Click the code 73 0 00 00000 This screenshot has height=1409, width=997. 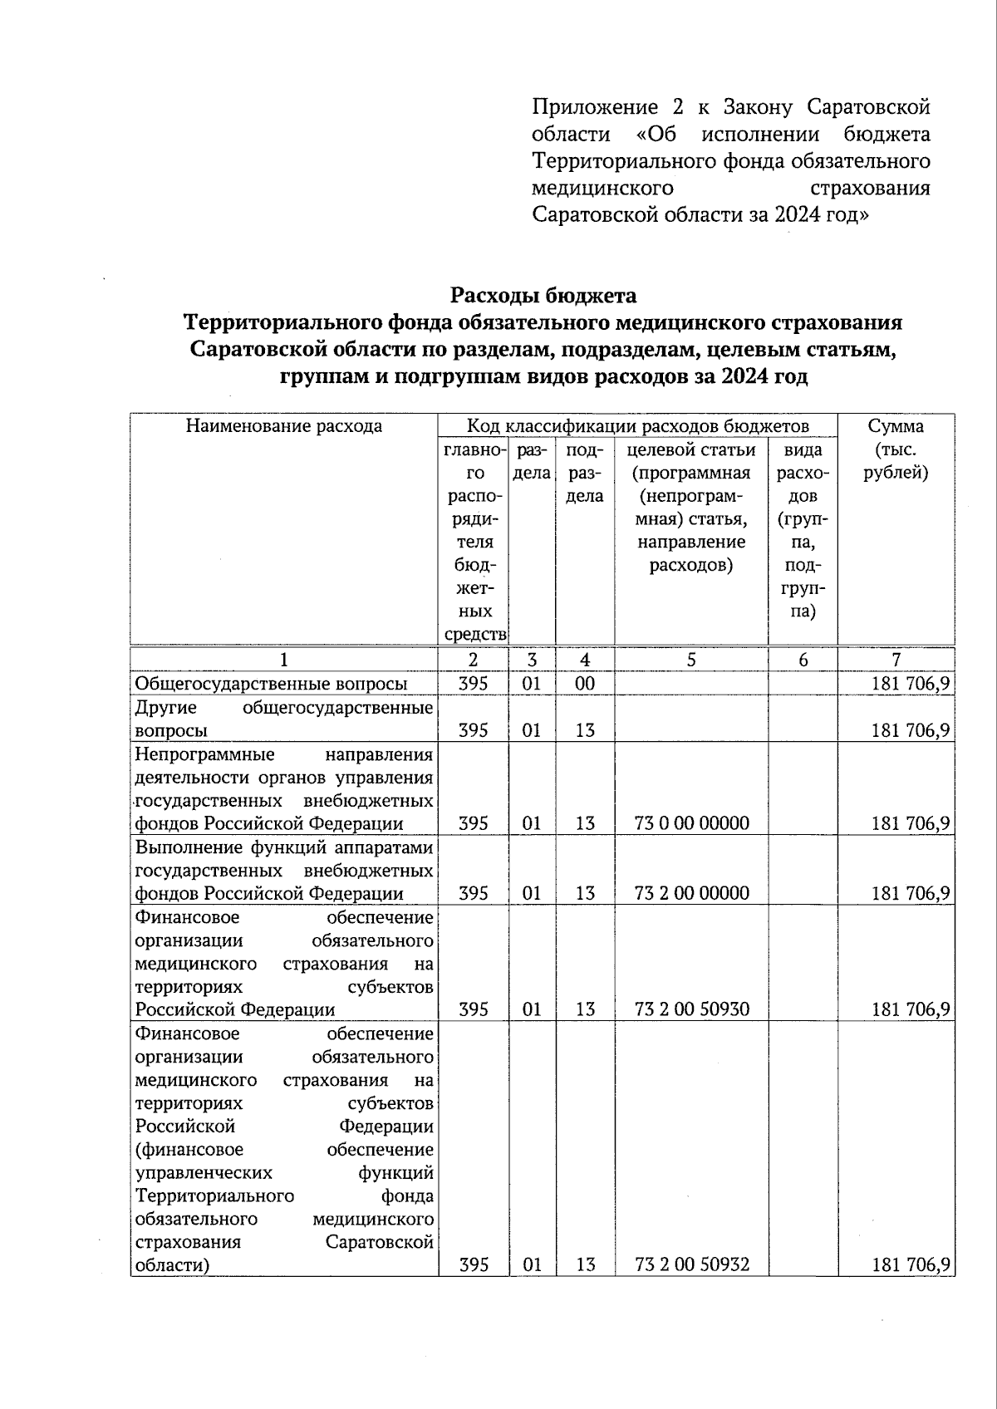[x=691, y=823]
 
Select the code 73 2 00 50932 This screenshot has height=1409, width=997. [x=691, y=1264]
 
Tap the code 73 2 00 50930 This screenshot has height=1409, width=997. [x=691, y=1009]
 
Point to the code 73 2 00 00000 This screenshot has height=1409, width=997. [x=691, y=893]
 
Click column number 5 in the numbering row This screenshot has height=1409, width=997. [x=691, y=660]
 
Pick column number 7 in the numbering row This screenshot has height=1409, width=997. [x=896, y=660]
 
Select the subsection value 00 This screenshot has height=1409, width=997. [x=585, y=684]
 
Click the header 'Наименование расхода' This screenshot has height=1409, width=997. [x=284, y=426]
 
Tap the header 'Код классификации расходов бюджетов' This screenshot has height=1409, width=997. [x=637, y=426]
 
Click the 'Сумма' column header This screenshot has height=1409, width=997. [x=896, y=426]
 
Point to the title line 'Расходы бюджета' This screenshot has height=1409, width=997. [x=543, y=295]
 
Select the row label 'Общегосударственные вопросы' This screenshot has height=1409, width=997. [x=271, y=684]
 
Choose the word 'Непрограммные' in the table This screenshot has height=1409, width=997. [x=204, y=754]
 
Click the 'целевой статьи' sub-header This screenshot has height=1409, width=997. [x=691, y=449]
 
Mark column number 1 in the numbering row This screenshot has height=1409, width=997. [x=284, y=660]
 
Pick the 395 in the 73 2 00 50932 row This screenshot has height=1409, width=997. [x=474, y=1264]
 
